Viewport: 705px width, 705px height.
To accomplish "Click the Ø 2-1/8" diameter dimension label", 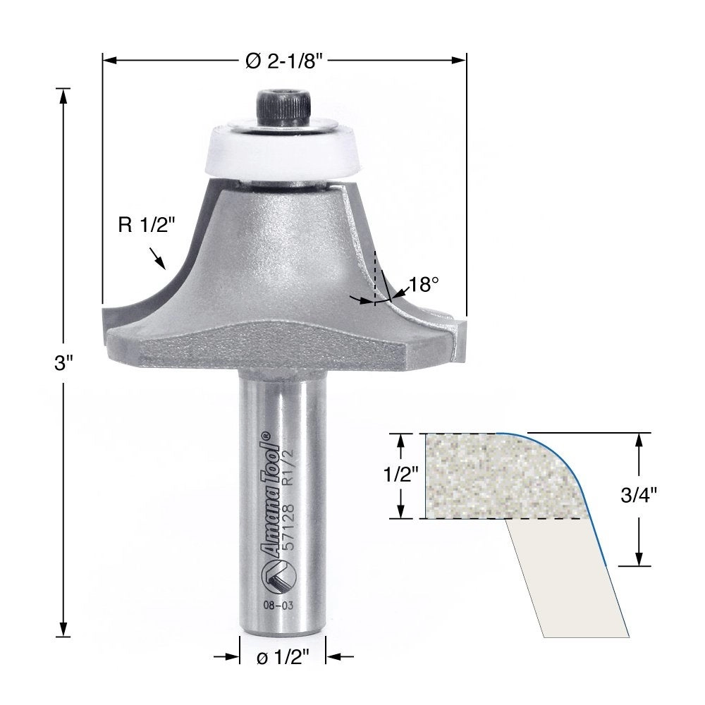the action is click(285, 61).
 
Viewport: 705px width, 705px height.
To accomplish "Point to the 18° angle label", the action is click(423, 284).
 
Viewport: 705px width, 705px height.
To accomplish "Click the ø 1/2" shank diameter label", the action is click(283, 658).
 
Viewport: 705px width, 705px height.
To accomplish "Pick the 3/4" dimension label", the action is click(639, 495).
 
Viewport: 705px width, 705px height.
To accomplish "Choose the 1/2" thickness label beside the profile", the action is click(401, 474).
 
